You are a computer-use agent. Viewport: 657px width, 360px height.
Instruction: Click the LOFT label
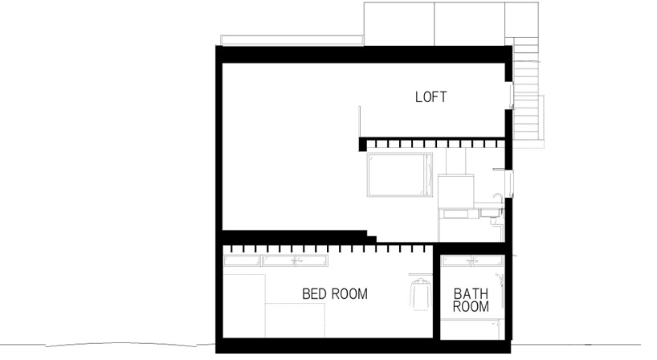[431, 96]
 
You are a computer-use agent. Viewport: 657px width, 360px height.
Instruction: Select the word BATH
[471, 294]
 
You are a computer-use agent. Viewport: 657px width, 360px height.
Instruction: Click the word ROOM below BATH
[471, 307]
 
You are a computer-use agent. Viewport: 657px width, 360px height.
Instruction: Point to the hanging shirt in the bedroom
[420, 293]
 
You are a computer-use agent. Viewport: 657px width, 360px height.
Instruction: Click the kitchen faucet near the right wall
[497, 198]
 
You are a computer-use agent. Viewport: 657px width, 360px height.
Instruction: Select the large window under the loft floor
[400, 174]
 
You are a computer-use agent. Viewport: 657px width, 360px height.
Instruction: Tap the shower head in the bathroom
[499, 277]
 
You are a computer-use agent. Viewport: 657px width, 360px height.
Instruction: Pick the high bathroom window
[472, 260]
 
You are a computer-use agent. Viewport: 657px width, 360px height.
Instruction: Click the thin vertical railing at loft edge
[360, 122]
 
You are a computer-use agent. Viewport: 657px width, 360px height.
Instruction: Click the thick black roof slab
[364, 55]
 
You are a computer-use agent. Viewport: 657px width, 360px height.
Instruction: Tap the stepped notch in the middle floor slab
[372, 236]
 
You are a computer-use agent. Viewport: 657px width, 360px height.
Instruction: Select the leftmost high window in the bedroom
[242, 260]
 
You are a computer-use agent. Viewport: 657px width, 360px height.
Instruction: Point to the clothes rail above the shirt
[420, 275]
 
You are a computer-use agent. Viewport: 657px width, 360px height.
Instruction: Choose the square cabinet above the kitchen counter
[456, 191]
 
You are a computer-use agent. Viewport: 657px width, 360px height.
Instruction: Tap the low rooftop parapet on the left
[292, 40]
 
